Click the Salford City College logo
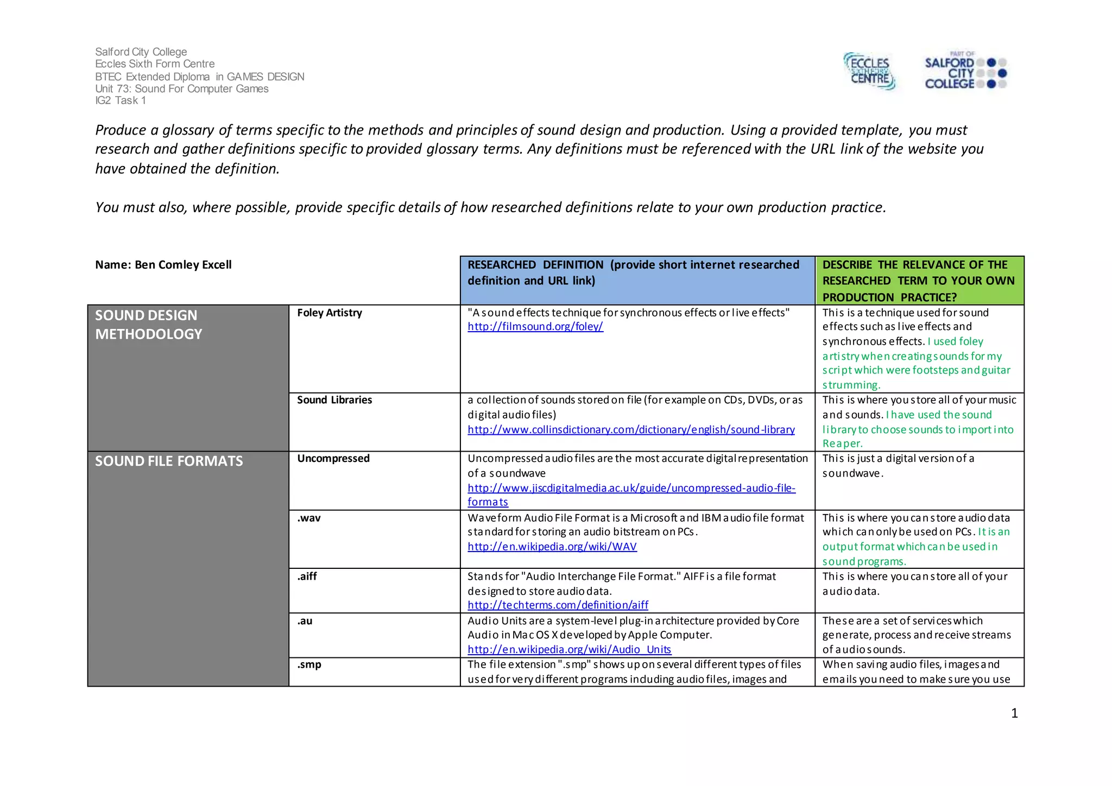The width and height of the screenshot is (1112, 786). click(x=965, y=71)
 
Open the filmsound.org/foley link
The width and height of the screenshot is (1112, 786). click(x=535, y=327)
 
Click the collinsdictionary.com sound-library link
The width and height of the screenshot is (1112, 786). click(x=631, y=430)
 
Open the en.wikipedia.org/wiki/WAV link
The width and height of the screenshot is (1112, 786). click(x=552, y=547)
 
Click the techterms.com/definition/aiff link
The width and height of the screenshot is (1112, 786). click(x=558, y=605)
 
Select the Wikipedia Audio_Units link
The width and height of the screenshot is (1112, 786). click(x=569, y=650)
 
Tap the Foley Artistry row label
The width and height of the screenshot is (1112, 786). click(x=329, y=313)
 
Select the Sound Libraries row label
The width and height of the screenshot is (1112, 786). click(x=334, y=400)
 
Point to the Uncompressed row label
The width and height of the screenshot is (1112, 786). click(x=333, y=459)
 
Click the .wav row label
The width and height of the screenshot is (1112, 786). click(x=308, y=518)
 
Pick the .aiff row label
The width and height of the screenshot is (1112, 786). click(x=307, y=576)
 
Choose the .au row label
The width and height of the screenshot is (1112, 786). click(x=305, y=621)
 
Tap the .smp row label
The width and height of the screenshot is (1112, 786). click(x=309, y=665)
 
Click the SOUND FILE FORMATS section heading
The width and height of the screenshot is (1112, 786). click(x=169, y=461)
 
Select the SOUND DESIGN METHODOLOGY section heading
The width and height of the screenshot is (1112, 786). click(x=148, y=325)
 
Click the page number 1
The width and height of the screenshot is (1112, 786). click(x=1014, y=713)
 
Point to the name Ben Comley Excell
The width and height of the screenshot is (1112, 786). click(x=183, y=265)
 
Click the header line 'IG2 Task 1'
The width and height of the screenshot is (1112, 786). click(x=121, y=100)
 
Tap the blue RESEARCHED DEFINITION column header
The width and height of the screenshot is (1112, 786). click(x=633, y=273)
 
